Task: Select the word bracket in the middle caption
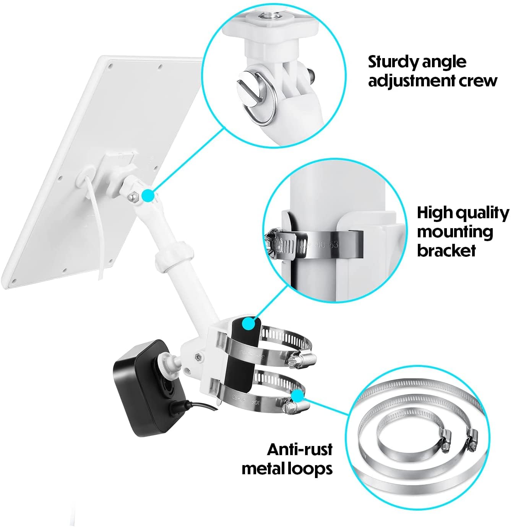(446, 250)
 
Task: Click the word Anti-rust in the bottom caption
(300, 449)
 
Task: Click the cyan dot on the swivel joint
(148, 196)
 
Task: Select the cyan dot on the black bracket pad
(249, 324)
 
